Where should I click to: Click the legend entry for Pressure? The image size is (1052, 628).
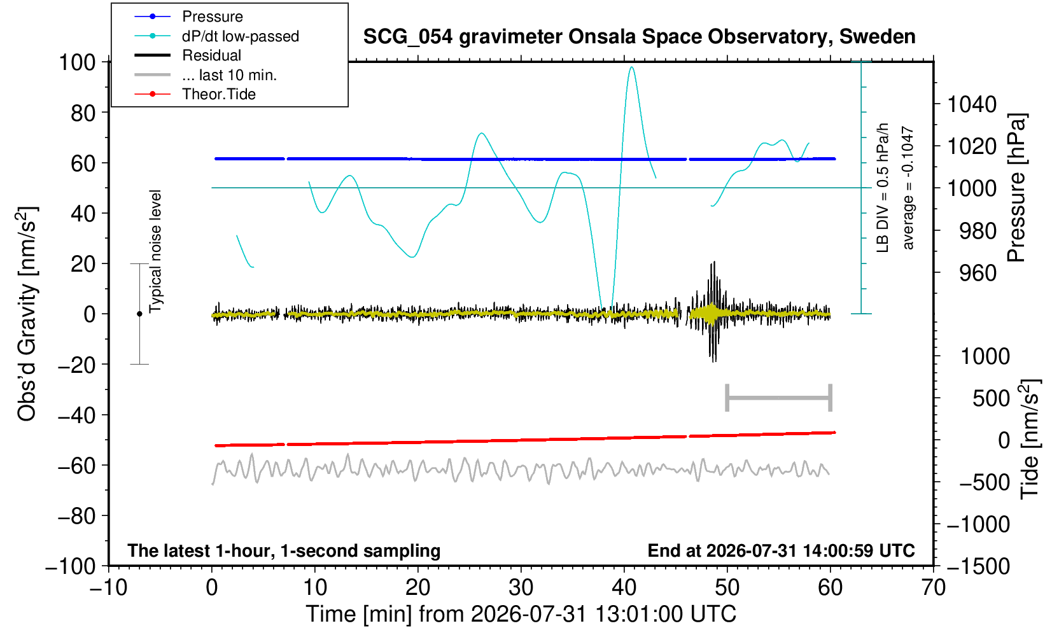[x=188, y=17]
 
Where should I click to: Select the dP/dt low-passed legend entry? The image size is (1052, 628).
[x=216, y=36]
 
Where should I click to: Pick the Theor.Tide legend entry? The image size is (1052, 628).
[x=195, y=94]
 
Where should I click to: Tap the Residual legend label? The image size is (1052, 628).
[x=211, y=55]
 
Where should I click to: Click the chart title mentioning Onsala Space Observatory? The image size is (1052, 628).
[x=639, y=37]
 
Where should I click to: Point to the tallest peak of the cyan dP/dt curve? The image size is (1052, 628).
[x=632, y=67]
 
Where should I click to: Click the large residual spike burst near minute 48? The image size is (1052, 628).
[x=713, y=312]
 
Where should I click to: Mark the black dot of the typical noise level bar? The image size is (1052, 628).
[x=139, y=314]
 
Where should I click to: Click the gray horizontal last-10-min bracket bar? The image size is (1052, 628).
[x=779, y=398]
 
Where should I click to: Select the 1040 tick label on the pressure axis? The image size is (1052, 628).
[x=971, y=104]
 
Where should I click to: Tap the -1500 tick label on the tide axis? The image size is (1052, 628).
[x=978, y=566]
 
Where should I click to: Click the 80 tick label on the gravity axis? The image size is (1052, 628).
[x=83, y=113]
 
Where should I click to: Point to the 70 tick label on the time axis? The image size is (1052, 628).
[x=933, y=588]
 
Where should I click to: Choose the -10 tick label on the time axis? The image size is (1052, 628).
[x=108, y=588]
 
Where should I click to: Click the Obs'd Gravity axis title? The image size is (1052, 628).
[x=27, y=314]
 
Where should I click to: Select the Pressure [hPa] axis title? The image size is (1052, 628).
[x=1017, y=188]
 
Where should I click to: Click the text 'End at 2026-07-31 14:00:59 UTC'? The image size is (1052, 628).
[x=781, y=550]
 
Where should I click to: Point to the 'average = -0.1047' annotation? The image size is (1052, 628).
[x=908, y=188]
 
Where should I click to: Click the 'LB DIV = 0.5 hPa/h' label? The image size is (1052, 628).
[x=883, y=188]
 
